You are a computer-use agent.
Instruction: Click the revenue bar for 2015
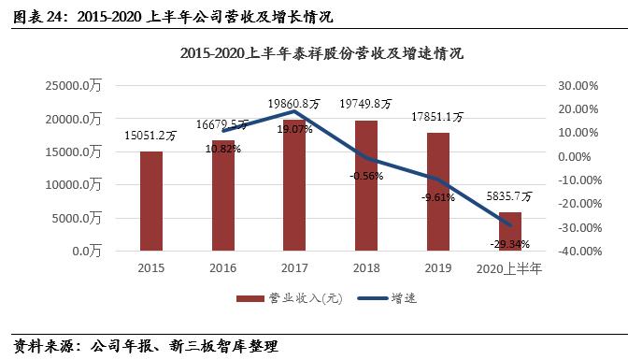[151, 201]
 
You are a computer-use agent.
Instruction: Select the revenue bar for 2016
[223, 195]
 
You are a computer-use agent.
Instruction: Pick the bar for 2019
[438, 192]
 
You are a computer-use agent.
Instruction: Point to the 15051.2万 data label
[151, 136]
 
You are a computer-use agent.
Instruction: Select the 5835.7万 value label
[510, 197]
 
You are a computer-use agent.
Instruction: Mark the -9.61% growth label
[437, 197]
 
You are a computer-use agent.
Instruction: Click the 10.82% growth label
[222, 148]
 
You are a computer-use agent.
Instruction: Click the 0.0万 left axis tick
[85, 252]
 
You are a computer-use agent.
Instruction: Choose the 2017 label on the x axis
[294, 268]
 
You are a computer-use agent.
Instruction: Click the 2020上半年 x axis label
[510, 268]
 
